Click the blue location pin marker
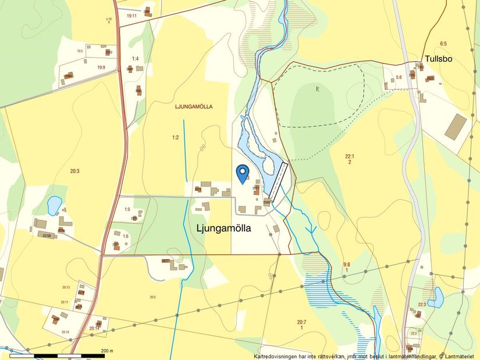[x=243, y=173]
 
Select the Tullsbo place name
[x=439, y=59]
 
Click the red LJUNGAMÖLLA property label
[x=194, y=106]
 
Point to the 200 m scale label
[x=106, y=351]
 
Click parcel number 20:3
[x=74, y=170]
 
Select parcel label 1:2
[x=175, y=137]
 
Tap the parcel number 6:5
[x=443, y=44]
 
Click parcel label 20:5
[x=152, y=297]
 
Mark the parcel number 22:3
[x=422, y=304]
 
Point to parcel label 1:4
[x=135, y=59]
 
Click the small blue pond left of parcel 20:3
[x=54, y=205]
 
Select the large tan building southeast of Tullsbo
[x=456, y=126]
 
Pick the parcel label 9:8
[x=346, y=265]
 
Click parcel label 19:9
[x=101, y=67]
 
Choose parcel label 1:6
[x=126, y=236]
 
